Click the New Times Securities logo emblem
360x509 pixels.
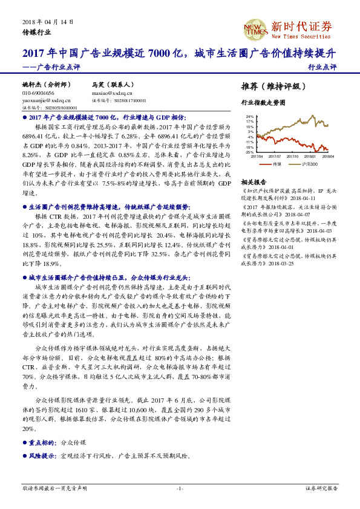[255, 28]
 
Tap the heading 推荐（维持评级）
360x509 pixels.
[270, 85]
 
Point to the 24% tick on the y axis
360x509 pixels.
[250, 117]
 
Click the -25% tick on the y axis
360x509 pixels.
[249, 152]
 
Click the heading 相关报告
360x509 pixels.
[254, 181]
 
